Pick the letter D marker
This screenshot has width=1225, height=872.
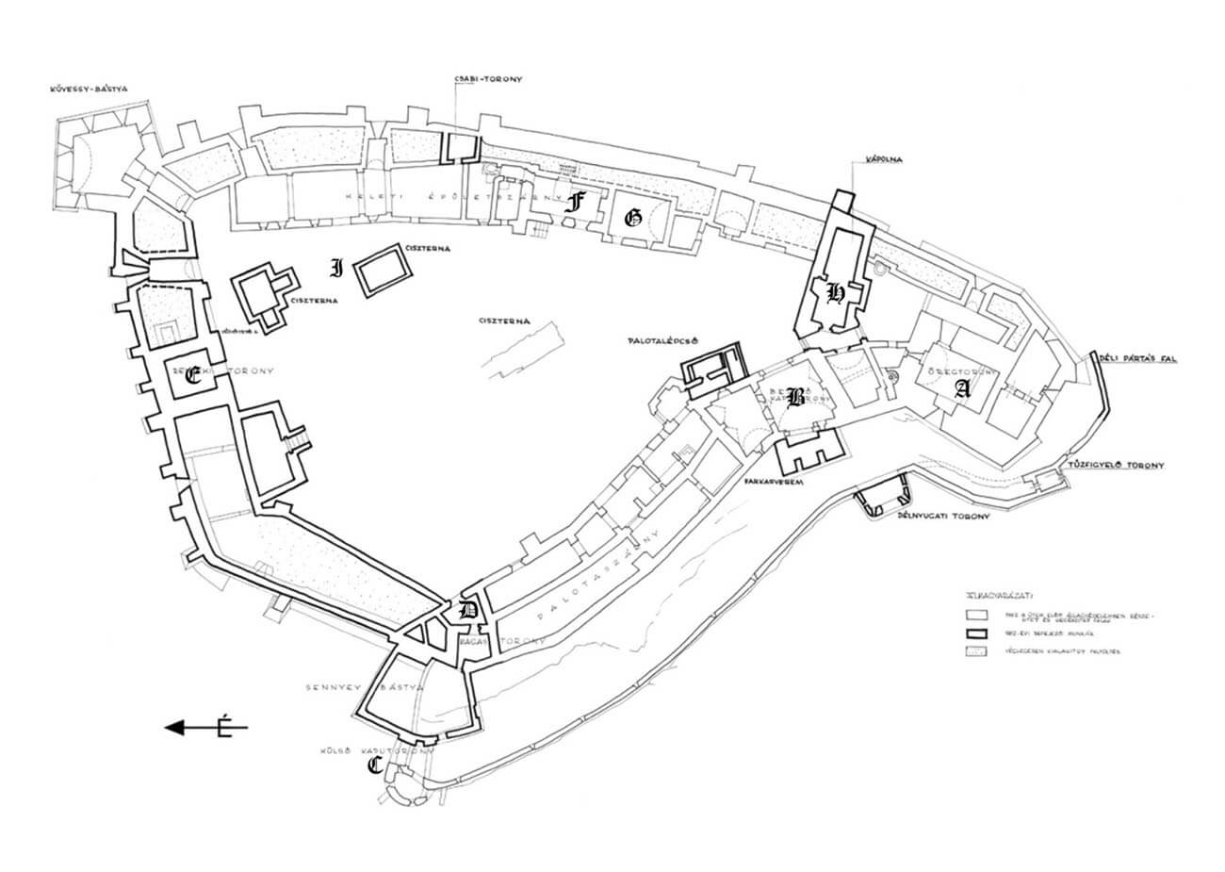click(465, 610)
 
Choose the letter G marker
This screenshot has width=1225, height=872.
click(632, 218)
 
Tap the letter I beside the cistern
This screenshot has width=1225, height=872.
click(335, 268)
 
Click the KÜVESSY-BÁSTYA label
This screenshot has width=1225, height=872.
click(89, 90)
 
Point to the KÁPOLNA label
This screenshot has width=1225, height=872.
click(883, 160)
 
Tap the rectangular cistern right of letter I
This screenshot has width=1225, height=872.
click(384, 271)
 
